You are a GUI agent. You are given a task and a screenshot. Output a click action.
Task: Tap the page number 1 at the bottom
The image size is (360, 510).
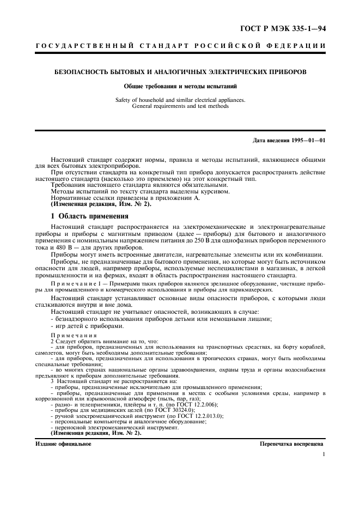[x=323, y=454]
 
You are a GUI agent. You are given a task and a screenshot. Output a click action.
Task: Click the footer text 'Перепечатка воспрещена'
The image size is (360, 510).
[x=292, y=444]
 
